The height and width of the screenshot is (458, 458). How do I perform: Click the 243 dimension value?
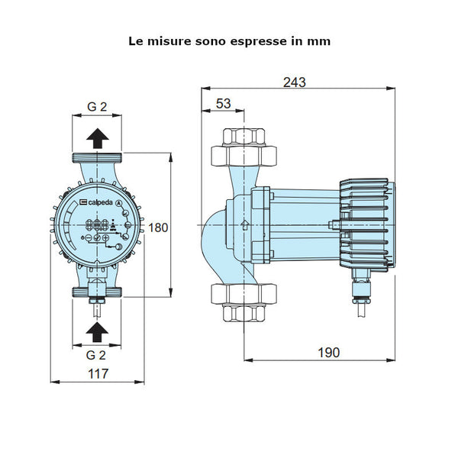coord(298,82)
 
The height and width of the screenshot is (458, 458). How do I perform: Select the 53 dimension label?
coord(223,103)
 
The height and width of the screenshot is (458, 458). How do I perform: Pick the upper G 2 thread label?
coord(96,107)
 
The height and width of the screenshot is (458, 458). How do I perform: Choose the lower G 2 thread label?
coord(96,354)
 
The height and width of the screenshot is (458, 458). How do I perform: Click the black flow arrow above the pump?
coord(97,138)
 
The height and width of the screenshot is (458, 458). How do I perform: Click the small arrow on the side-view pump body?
coord(244,224)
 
